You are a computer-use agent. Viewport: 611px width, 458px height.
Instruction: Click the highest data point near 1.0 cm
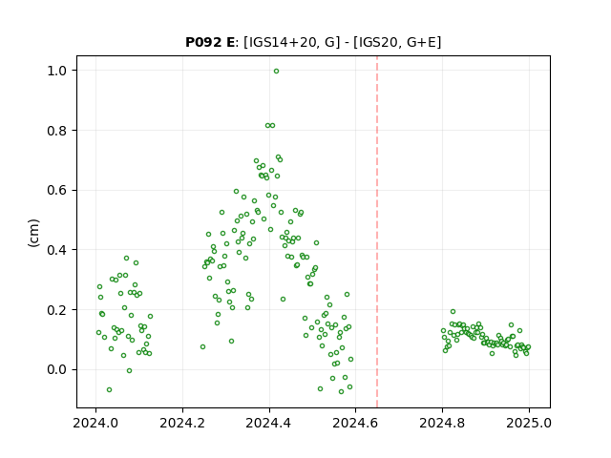[276, 72]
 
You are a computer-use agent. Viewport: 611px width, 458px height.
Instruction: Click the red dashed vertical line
[377, 232]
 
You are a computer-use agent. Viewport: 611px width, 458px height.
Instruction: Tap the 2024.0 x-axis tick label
[95, 423]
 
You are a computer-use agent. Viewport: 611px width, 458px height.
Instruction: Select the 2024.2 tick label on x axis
[182, 423]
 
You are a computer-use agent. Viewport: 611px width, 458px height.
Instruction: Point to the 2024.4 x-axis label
[269, 423]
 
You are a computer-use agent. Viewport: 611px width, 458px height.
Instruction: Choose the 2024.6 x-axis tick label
[355, 423]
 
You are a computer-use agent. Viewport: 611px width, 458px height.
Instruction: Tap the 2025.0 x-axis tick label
[529, 423]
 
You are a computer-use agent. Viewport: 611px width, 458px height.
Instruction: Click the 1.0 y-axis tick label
[56, 71]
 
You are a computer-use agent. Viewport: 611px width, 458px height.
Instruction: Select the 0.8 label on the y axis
[56, 131]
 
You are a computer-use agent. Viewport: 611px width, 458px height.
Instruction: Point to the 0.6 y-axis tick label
[56, 190]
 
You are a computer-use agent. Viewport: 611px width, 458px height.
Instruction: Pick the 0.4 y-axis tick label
[56, 250]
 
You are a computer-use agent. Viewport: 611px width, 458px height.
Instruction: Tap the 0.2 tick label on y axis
[56, 309]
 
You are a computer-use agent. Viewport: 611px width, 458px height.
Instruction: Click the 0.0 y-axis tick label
[56, 369]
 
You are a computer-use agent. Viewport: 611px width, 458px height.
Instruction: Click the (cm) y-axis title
[33, 233]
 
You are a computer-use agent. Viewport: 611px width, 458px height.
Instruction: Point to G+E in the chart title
[422, 42]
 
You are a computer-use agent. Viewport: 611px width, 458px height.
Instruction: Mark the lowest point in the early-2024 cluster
[109, 390]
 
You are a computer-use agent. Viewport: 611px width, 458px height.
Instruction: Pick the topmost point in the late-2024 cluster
[453, 312]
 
